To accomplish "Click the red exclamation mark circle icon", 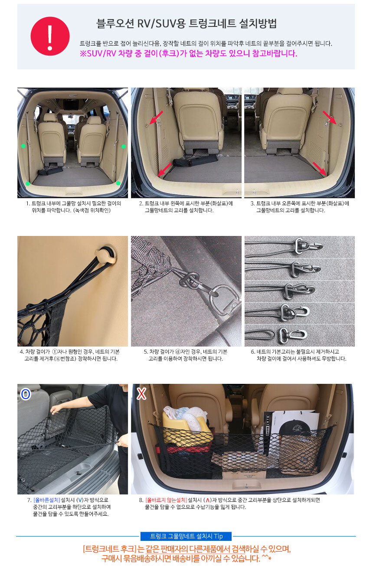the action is coord(50,36).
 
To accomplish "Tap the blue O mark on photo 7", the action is coord(26,394).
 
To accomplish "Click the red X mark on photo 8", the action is coord(141,394).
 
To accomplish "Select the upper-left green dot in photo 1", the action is coord(23,146).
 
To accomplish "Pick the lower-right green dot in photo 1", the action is coord(118,183).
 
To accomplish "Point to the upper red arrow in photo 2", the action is coord(156,118).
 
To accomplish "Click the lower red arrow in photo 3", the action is coord(320,169).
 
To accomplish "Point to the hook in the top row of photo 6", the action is coord(309,245).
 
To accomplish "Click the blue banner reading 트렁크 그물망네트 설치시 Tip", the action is coord(186,536).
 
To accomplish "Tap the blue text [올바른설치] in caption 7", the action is coord(47,500).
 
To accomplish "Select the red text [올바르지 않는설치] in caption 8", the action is coord(166,500).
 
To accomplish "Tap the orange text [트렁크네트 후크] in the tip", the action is coord(109,549).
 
